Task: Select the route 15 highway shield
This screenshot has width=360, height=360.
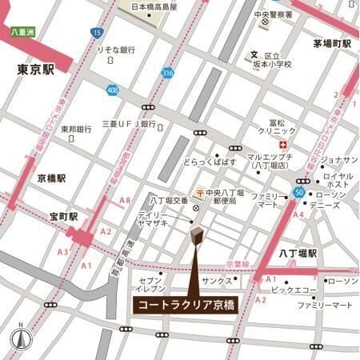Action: pyautogui.click(x=97, y=33)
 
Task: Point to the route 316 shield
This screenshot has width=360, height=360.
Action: pyautogui.click(x=167, y=73)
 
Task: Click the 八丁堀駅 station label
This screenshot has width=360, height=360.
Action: pyautogui.click(x=298, y=253)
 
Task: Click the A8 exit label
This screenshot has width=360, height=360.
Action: pyautogui.click(x=125, y=200)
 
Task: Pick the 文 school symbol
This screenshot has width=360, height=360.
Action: pyautogui.click(x=253, y=54)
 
